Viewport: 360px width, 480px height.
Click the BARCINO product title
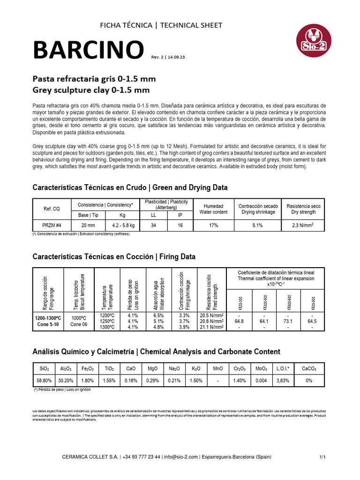[x=88, y=50]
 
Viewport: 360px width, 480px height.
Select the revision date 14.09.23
[x=175, y=57]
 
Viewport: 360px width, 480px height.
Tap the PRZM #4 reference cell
[x=52, y=225]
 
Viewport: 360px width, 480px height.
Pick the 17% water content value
[x=213, y=225]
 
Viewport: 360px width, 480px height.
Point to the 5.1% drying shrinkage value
[x=258, y=225]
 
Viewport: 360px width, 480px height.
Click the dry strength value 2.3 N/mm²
[x=303, y=225]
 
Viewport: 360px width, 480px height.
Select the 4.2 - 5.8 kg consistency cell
[x=123, y=225]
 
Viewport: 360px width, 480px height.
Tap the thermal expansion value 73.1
[x=288, y=321]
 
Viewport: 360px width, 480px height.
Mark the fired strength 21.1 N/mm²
[x=211, y=327]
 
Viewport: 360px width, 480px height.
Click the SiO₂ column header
[x=44, y=369]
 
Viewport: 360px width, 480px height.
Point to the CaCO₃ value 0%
[x=308, y=381]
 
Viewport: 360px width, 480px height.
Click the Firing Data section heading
[x=114, y=256]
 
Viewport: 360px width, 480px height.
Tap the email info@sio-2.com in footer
[x=181, y=457]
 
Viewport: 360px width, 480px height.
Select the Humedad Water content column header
[x=213, y=209]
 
